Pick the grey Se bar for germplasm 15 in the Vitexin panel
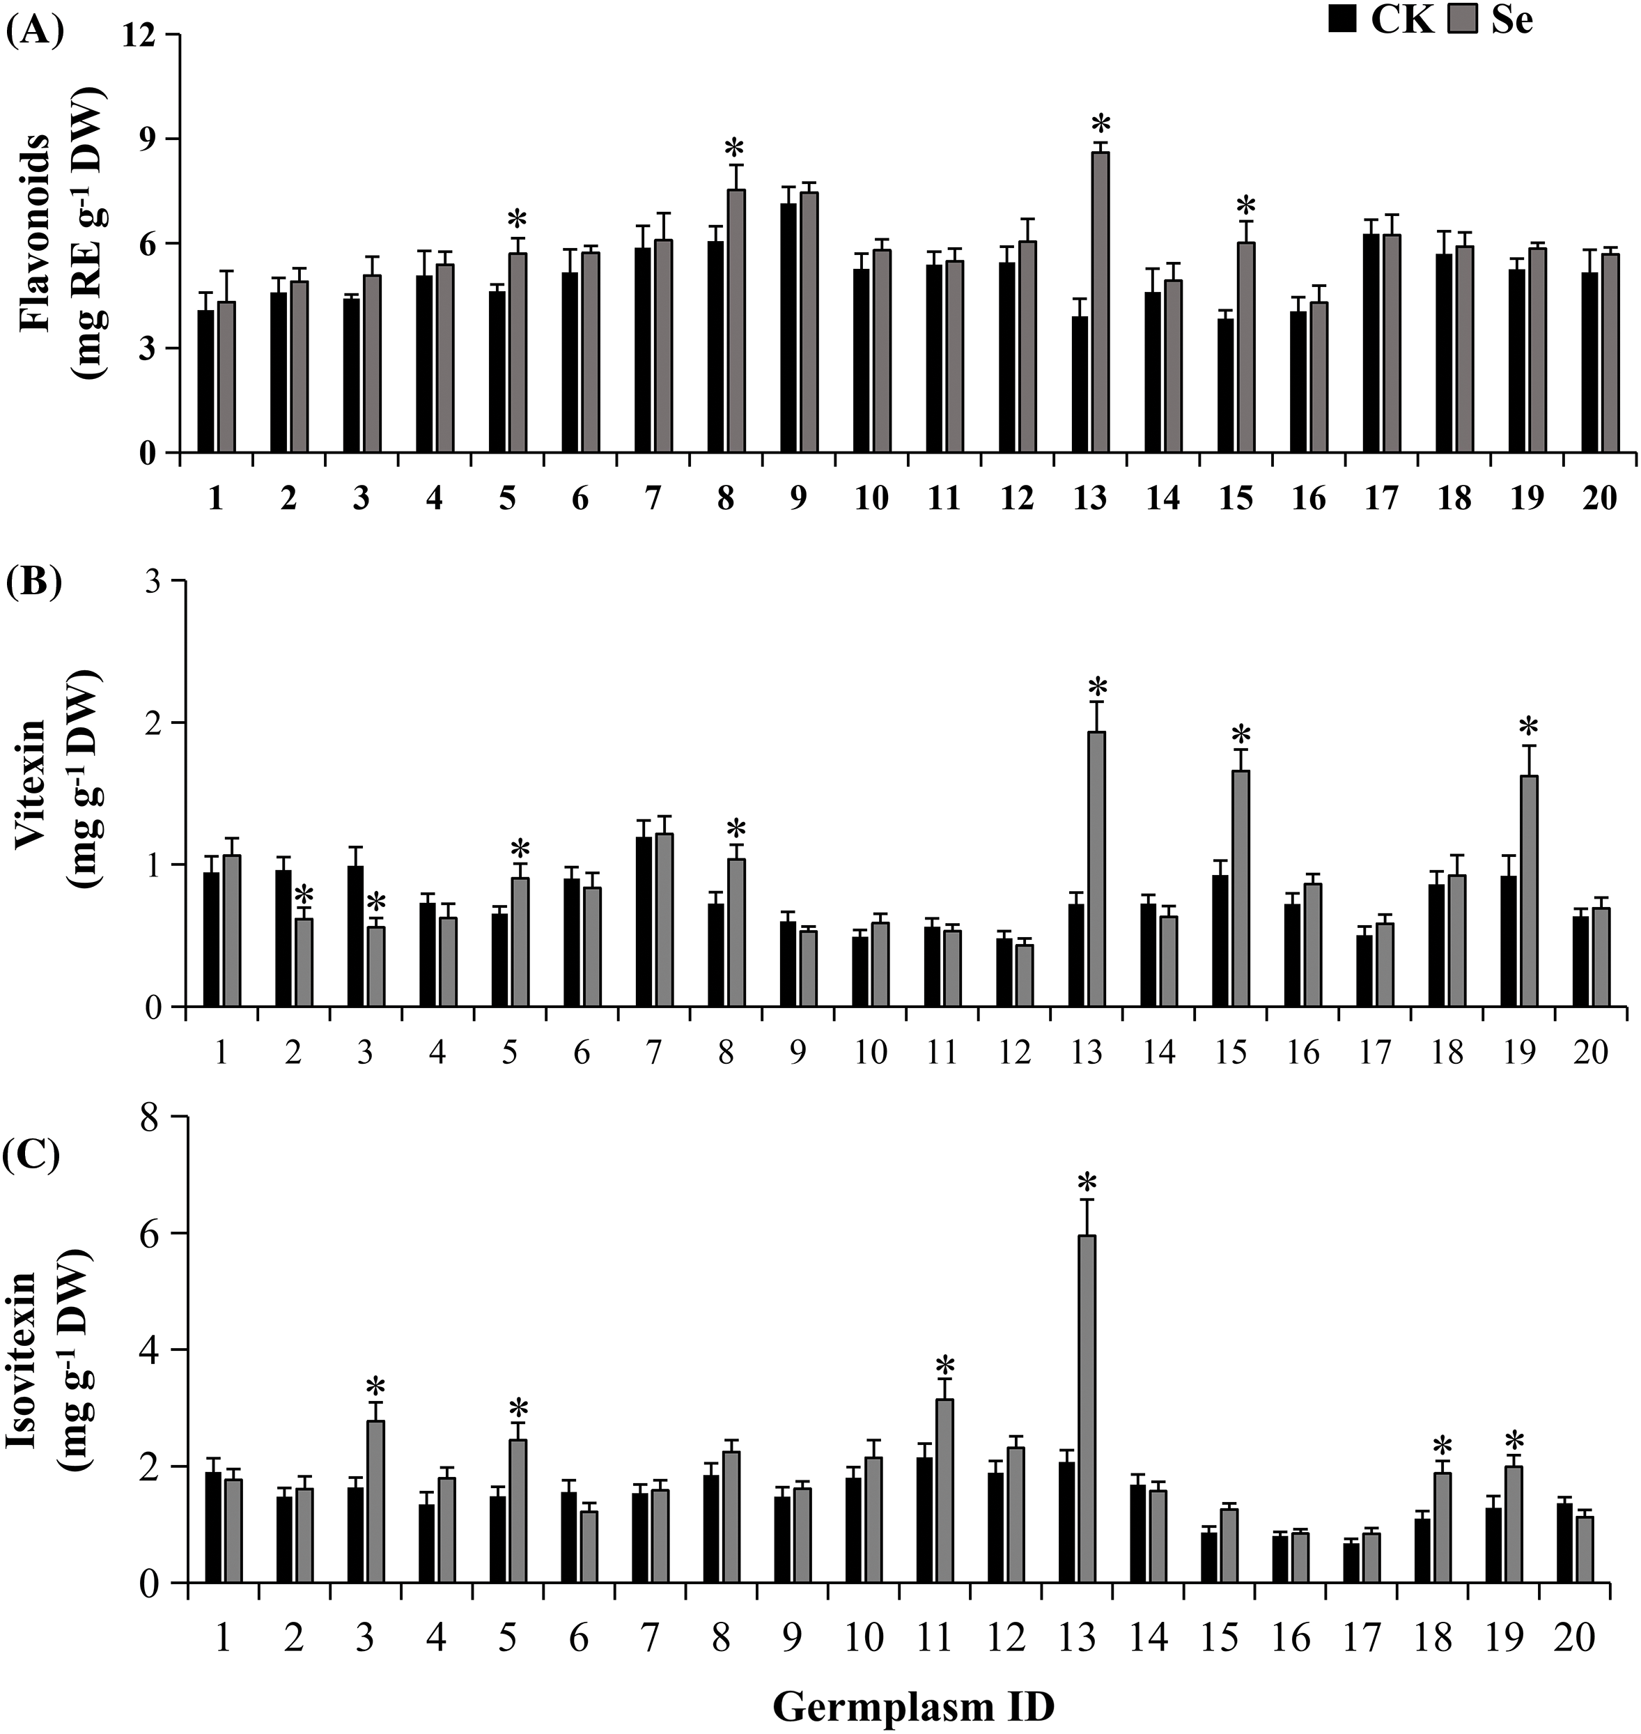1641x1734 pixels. pos(1241,888)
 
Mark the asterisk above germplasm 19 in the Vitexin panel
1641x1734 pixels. pos(1528,727)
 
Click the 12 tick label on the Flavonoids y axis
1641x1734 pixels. pos(140,35)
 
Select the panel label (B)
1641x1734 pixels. pos(34,582)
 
